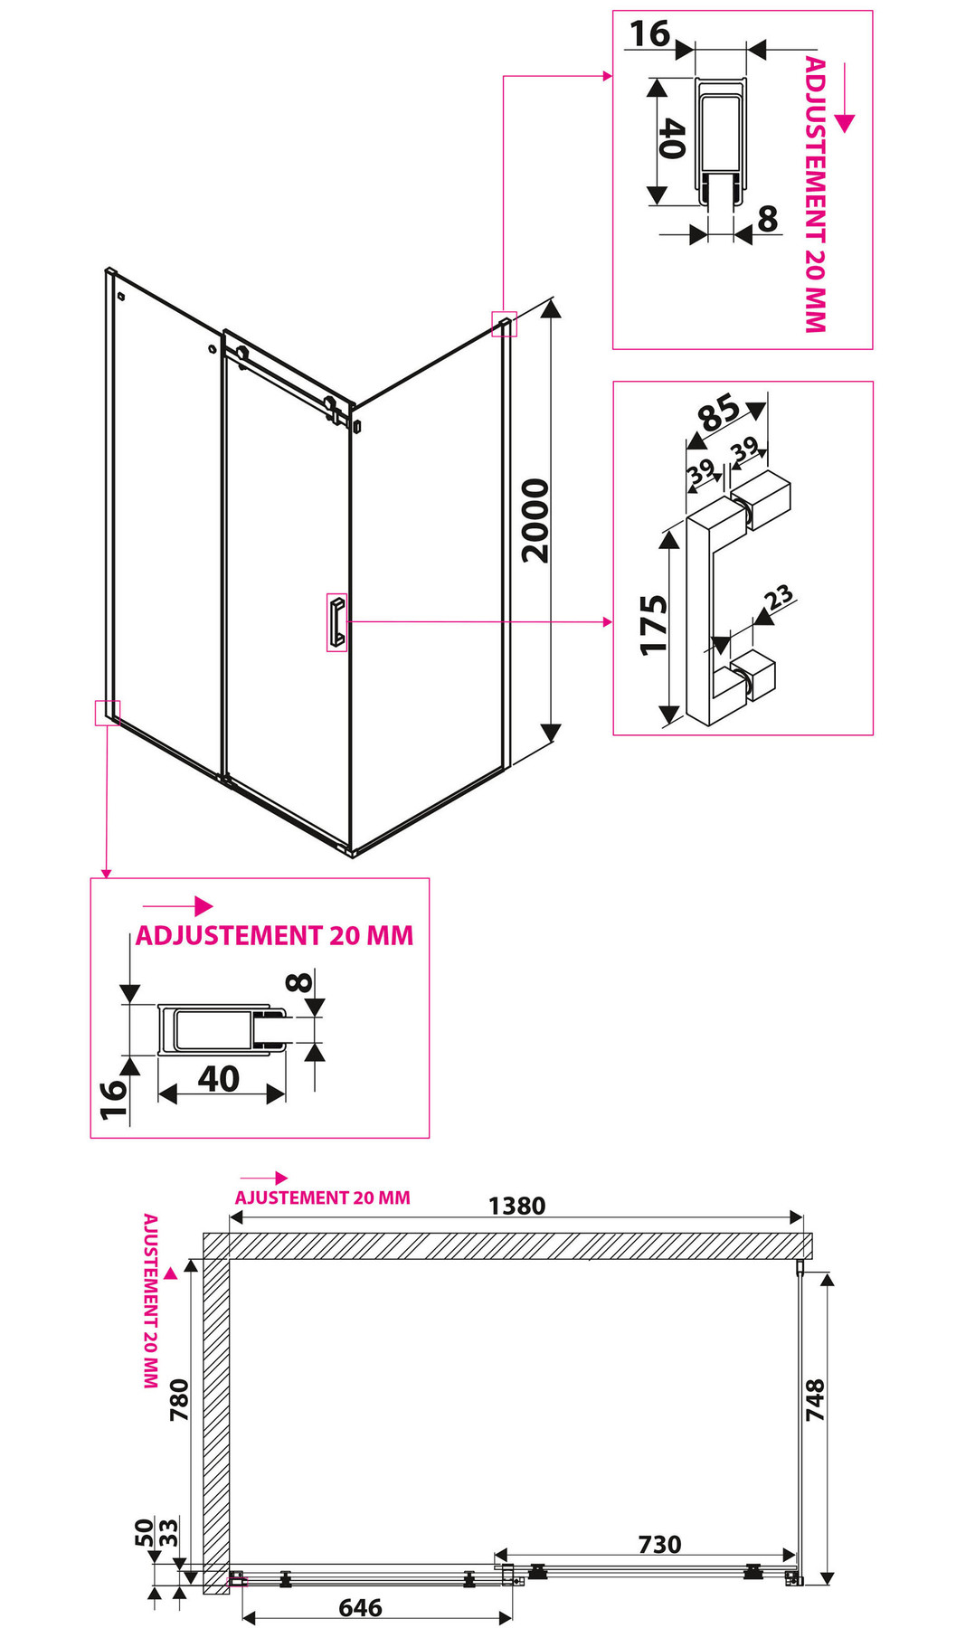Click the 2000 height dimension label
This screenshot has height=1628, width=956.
(x=536, y=521)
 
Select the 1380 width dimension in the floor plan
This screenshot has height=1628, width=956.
(x=516, y=1206)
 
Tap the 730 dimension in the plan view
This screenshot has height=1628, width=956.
(x=659, y=1544)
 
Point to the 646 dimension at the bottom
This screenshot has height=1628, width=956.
(x=360, y=1607)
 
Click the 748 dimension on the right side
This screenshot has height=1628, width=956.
(x=815, y=1399)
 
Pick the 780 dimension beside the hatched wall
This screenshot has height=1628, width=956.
(x=179, y=1399)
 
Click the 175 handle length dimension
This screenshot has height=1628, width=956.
(x=654, y=624)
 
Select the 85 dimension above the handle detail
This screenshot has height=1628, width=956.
(x=720, y=413)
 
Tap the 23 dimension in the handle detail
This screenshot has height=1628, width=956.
(x=778, y=597)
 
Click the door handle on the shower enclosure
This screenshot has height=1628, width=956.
(x=337, y=621)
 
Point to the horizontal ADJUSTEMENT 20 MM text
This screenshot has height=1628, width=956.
(x=274, y=935)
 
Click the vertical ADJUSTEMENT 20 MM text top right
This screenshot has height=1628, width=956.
(x=815, y=194)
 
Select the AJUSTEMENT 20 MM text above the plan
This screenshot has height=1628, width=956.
(x=322, y=1197)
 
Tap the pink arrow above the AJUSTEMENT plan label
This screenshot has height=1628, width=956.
(x=264, y=1178)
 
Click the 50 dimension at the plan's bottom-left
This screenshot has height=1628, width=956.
(x=144, y=1532)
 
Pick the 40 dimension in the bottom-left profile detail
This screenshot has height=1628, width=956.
(x=219, y=1078)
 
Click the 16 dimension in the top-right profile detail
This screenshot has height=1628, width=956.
(x=649, y=33)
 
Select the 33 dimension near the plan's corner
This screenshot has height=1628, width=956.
(x=168, y=1532)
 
